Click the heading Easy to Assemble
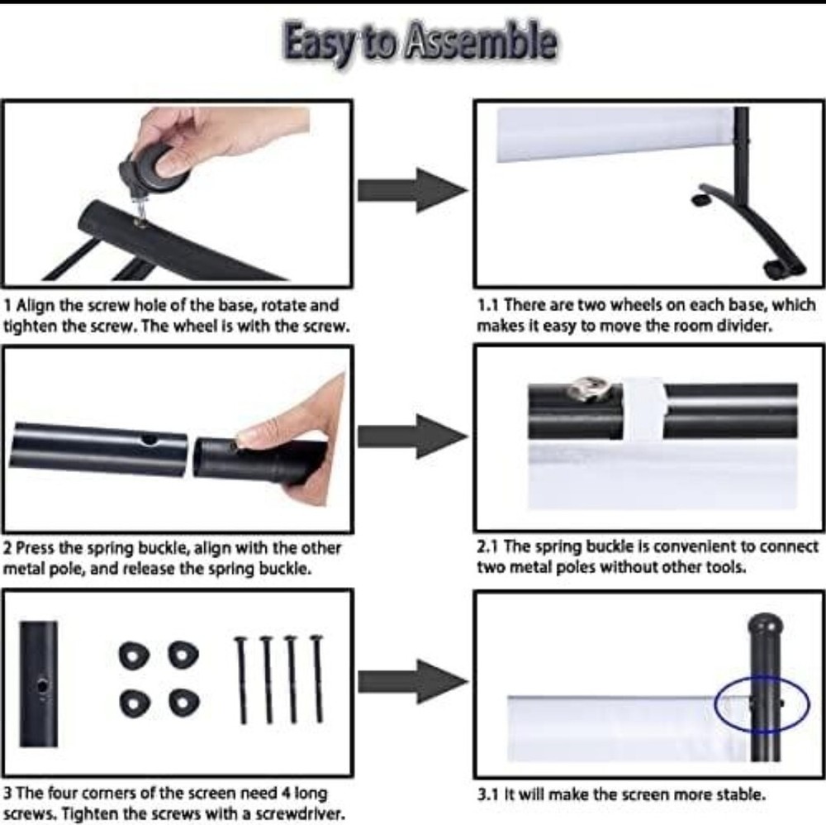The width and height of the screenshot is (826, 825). point(420,42)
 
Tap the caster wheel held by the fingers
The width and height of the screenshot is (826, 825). point(157,169)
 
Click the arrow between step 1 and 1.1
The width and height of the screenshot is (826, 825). point(412,190)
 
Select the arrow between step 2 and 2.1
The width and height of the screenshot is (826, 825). point(412,436)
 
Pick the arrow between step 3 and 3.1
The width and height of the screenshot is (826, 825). point(412,681)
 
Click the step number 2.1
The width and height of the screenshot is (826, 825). point(488,546)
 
